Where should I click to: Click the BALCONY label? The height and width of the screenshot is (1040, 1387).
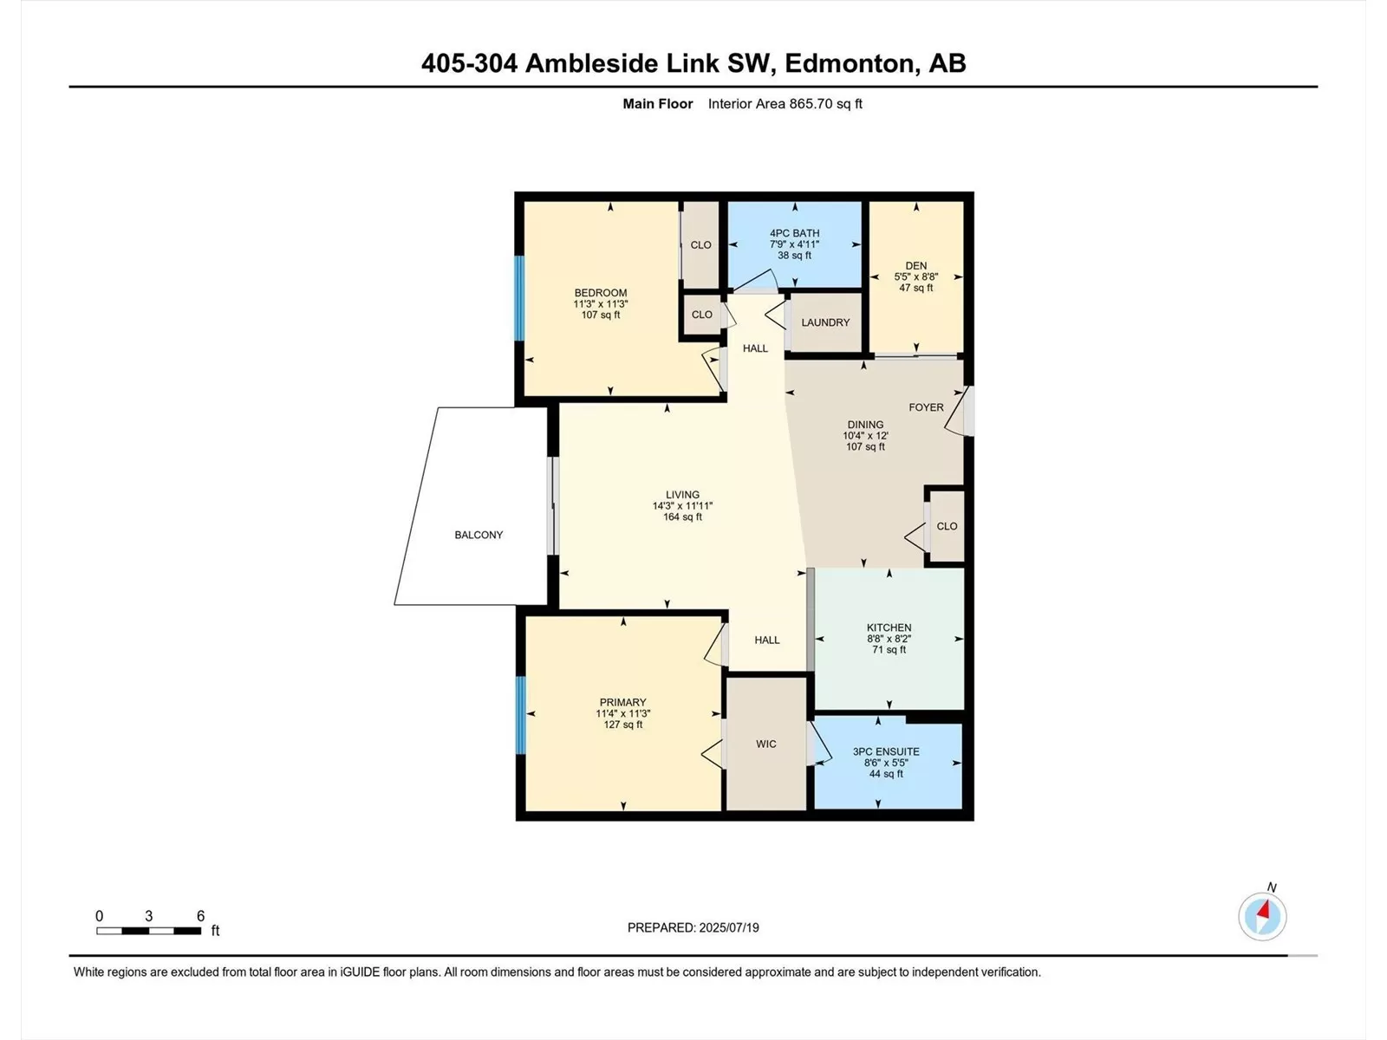click(479, 535)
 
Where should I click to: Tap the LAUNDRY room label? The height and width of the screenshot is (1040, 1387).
click(825, 322)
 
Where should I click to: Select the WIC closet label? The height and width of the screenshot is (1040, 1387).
click(765, 744)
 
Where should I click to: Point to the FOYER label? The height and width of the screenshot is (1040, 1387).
click(926, 407)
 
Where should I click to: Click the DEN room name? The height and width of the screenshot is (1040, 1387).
click(915, 266)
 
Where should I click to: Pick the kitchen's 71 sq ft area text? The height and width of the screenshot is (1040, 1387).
click(889, 649)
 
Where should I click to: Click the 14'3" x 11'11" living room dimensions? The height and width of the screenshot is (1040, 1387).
click(682, 506)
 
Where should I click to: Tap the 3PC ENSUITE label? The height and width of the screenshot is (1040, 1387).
click(886, 751)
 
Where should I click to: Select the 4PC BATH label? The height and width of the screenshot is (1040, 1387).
click(794, 233)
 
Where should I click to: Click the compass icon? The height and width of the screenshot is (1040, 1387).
click(1262, 916)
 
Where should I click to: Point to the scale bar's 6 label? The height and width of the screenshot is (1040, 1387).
click(200, 915)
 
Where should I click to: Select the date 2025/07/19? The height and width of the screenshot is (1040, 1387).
click(728, 927)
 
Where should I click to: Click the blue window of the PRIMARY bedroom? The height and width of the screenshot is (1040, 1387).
click(521, 715)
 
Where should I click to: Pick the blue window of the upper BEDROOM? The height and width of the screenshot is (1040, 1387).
click(519, 297)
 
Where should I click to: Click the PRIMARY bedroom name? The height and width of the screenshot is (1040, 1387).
click(622, 702)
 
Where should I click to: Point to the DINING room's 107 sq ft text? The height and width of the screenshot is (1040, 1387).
click(865, 446)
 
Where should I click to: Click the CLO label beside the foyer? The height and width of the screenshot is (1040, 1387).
click(947, 526)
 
